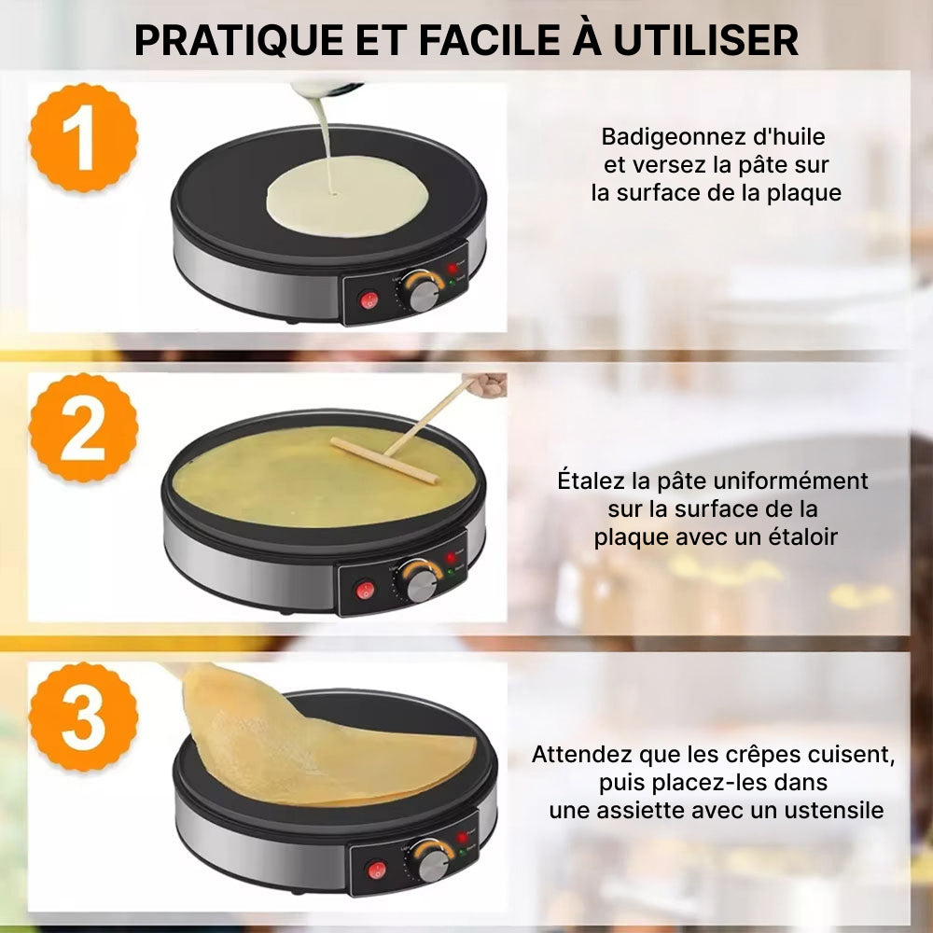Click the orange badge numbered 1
tap(83, 137)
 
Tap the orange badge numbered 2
tap(83, 427)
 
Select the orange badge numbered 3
tap(83, 717)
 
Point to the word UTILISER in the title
tap(705, 40)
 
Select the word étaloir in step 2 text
tap(802, 536)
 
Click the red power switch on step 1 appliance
tap(369, 299)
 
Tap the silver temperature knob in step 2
tap(422, 586)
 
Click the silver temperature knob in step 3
tap(433, 866)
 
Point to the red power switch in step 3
tap(377, 870)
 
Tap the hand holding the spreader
tap(485, 384)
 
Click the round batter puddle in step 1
tap(347, 196)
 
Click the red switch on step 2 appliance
tap(365, 591)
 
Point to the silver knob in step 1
tap(425, 296)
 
